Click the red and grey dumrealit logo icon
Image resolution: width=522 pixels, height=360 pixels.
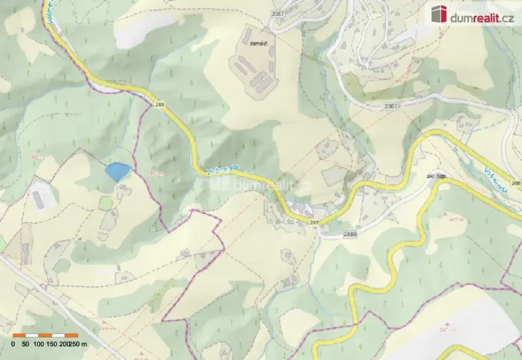pyautogui.click(x=440, y=13)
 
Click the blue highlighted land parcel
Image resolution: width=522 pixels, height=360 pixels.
pyautogui.click(x=117, y=172)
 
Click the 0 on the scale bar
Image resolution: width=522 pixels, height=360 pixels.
pyautogui.click(x=13, y=345)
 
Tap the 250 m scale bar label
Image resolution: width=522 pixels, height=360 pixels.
pyautogui.click(x=78, y=345)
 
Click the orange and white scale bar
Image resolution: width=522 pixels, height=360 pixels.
pyautogui.click(x=45, y=335)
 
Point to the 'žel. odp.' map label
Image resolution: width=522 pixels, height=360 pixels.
pyautogui.click(x=437, y=176)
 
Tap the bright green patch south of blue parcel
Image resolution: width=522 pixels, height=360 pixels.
pyautogui.click(x=106, y=202)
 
